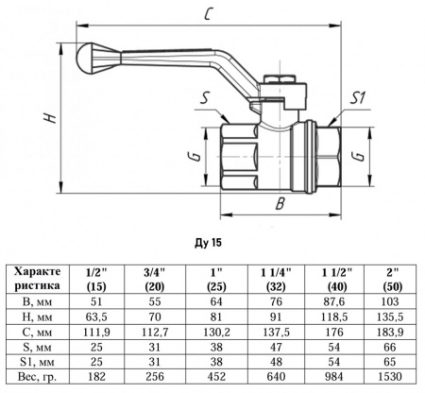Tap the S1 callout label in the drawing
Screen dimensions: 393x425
point(357,96)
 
